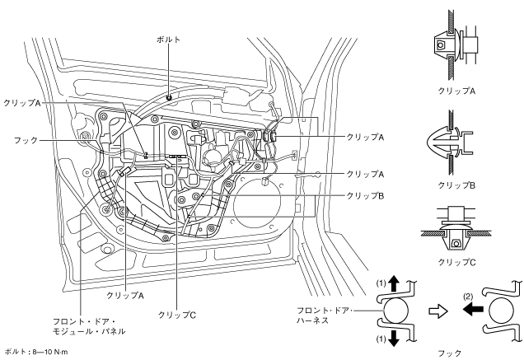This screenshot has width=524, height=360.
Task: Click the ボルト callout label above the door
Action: tap(168, 40)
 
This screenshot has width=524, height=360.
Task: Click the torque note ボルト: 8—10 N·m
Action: tap(37, 352)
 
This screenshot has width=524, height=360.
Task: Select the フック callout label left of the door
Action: tap(26, 140)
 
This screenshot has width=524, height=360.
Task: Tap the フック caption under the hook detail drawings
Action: tap(450, 353)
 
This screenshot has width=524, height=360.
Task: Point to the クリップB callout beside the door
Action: tap(365, 196)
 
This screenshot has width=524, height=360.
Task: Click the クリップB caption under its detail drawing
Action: tap(456, 185)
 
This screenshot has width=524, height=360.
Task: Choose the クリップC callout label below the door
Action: tap(177, 315)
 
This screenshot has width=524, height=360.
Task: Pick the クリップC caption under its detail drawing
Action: tap(456, 263)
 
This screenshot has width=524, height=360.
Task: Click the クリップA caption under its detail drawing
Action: tap(456, 91)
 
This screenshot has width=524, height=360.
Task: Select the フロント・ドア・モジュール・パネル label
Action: tap(89, 326)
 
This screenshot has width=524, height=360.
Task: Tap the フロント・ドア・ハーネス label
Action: tap(323, 316)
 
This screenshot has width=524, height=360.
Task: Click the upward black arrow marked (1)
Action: tap(395, 283)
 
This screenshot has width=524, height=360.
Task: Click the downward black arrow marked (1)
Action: tap(395, 339)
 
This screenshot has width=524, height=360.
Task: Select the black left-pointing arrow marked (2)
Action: tap(473, 309)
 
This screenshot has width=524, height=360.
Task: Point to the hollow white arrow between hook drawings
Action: tap(437, 311)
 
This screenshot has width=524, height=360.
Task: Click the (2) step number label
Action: tap(468, 297)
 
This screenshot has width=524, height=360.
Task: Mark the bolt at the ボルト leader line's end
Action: tap(169, 97)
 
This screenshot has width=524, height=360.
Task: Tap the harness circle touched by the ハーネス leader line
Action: tap(396, 311)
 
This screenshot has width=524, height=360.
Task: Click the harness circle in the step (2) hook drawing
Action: tap(501, 311)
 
